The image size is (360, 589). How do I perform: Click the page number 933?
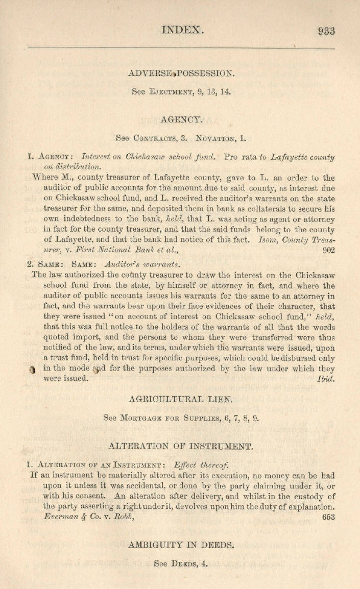pyautogui.click(x=326, y=31)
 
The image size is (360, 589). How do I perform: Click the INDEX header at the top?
pyautogui.click(x=182, y=30)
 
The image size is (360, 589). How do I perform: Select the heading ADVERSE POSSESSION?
pyautogui.click(x=182, y=73)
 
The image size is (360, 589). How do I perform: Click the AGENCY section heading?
pyautogui.click(x=182, y=120)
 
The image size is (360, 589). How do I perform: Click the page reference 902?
pyautogui.click(x=328, y=251)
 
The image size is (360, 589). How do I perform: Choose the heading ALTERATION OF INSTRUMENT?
pyautogui.click(x=181, y=446)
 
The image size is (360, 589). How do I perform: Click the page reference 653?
pyautogui.click(x=328, y=517)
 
